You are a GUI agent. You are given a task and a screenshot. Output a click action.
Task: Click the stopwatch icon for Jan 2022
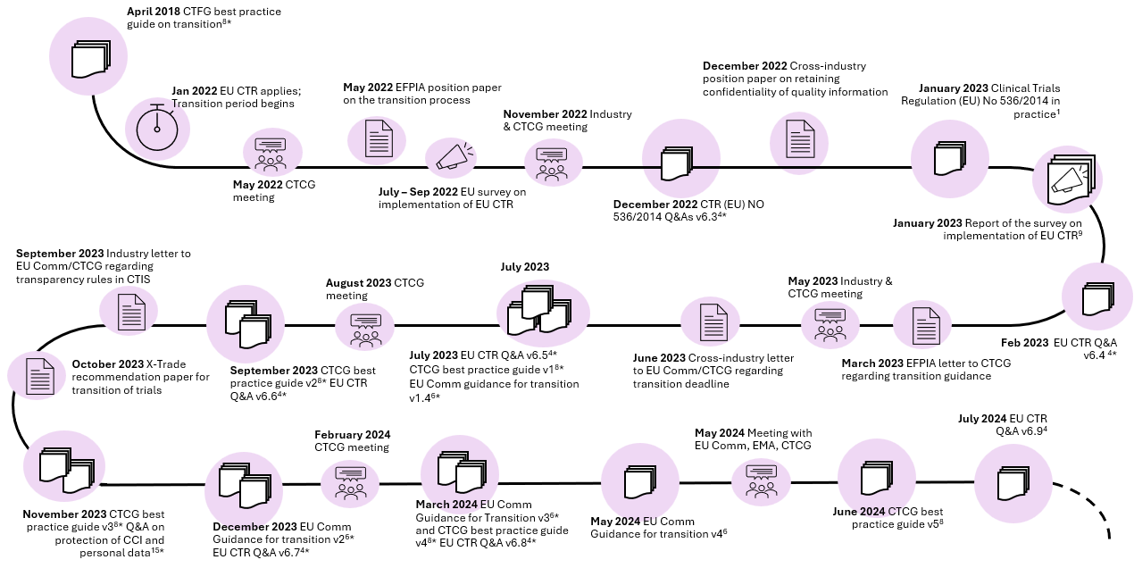[x=157, y=127]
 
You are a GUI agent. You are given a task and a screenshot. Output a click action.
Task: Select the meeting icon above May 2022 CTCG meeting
[x=271, y=154]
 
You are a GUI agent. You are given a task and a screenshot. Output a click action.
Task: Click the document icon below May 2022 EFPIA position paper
[x=379, y=138]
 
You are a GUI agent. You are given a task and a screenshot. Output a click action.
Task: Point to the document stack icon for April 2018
[x=90, y=59]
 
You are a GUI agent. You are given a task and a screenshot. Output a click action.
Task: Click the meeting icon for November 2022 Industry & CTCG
[x=551, y=164]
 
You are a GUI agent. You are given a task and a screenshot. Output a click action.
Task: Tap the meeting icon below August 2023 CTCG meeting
[x=365, y=330]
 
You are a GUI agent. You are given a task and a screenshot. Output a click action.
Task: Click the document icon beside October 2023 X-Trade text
[x=40, y=376]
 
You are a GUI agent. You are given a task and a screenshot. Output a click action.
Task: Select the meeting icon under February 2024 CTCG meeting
[x=350, y=483]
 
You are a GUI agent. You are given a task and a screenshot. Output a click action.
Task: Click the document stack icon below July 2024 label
[x=1013, y=483]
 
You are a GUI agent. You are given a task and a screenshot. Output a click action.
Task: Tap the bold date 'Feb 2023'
[x=1024, y=343]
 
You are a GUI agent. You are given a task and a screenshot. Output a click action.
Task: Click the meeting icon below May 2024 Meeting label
[x=761, y=481]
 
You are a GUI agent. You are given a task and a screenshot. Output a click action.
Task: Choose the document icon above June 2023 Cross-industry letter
[x=713, y=322]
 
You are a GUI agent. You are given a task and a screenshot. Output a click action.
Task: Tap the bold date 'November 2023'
[x=64, y=514]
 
